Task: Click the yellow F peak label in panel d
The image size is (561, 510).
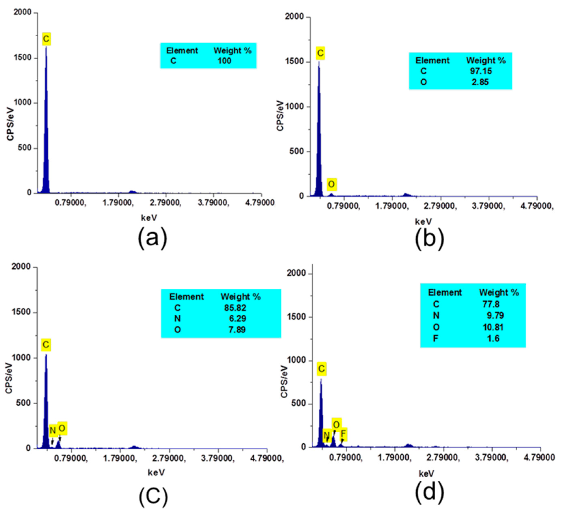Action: (x=343, y=434)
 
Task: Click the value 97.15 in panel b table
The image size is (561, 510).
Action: (x=481, y=71)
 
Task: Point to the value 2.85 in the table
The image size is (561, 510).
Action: (x=480, y=82)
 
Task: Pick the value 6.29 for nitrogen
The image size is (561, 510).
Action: (x=237, y=318)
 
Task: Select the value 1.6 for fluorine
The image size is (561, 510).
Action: (x=493, y=339)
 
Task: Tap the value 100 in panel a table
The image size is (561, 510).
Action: (x=224, y=61)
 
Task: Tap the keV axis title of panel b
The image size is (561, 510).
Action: (x=423, y=222)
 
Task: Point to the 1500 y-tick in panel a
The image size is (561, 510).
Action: (x=23, y=58)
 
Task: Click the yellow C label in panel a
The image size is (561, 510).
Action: (x=46, y=39)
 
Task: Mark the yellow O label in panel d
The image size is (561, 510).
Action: (x=336, y=425)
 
